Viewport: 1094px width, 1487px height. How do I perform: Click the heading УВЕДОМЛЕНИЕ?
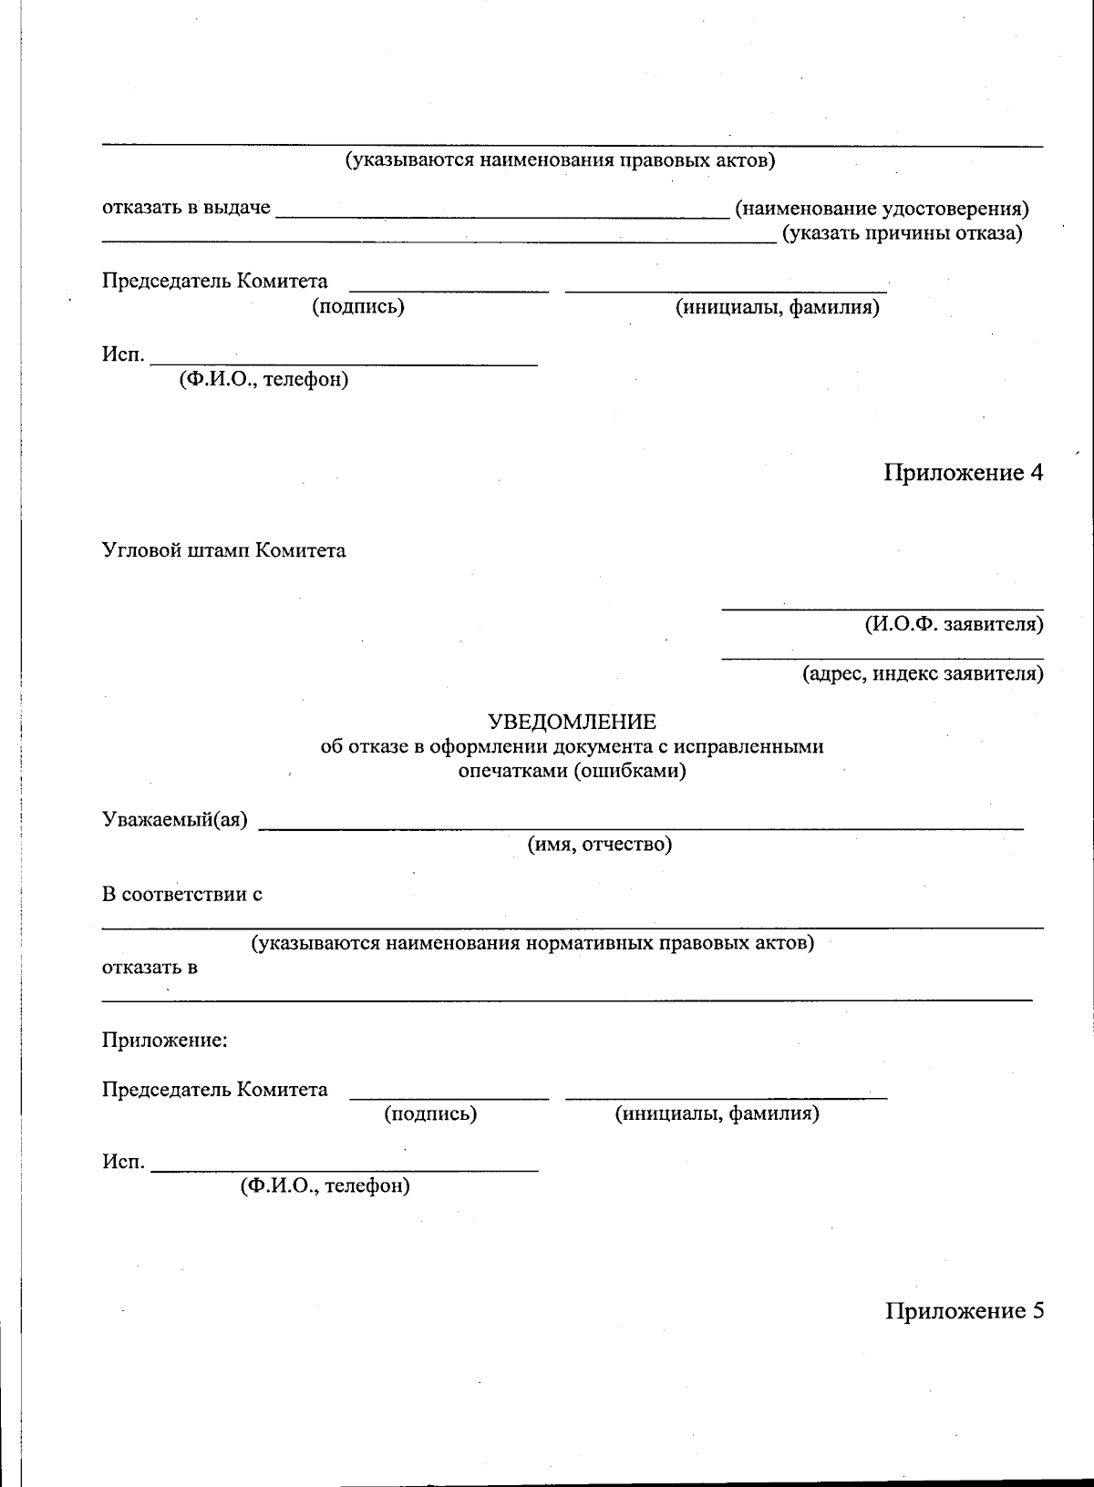pyautogui.click(x=572, y=723)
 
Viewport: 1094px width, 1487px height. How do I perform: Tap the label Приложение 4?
pyautogui.click(x=963, y=472)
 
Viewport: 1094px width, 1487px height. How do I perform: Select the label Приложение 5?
pyautogui.click(x=964, y=1310)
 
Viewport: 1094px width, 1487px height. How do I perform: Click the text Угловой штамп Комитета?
pyautogui.click(x=223, y=550)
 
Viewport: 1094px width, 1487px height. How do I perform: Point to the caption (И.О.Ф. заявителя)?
pyautogui.click(x=954, y=625)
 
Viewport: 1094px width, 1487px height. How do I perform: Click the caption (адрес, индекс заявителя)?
pyautogui.click(x=923, y=674)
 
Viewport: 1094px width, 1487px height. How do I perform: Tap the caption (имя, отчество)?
pyautogui.click(x=599, y=845)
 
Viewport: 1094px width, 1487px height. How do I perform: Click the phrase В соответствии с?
pyautogui.click(x=182, y=894)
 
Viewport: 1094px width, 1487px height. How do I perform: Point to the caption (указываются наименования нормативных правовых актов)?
pyautogui.click(x=532, y=942)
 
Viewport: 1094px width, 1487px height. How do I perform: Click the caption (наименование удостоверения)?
pyautogui.click(x=882, y=209)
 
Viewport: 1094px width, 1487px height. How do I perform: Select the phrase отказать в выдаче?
pyautogui.click(x=186, y=208)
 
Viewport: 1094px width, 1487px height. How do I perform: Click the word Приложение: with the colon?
pyautogui.click(x=164, y=1040)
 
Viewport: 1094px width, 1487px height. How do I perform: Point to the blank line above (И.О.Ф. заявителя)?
pyautogui.click(x=882, y=608)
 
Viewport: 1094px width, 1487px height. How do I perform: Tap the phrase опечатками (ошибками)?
pyautogui.click(x=572, y=771)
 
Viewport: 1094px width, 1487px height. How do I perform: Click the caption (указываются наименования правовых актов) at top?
pyautogui.click(x=560, y=161)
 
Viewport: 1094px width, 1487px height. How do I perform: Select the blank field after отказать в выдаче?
pyautogui.click(x=502, y=216)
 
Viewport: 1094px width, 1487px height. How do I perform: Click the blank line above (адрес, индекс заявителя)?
pyautogui.click(x=882, y=657)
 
